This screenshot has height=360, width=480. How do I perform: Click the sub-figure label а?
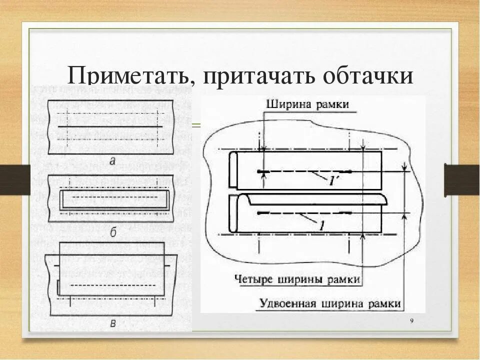tap(112, 160)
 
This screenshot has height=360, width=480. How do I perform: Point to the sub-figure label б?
tap(113, 231)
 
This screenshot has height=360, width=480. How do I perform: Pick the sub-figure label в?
tap(113, 323)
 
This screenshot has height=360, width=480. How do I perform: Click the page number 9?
tap(411, 321)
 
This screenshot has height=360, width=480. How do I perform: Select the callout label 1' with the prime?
tap(334, 181)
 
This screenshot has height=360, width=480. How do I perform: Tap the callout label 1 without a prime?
tap(321, 225)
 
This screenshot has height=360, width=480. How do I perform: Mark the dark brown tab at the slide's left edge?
tap(15, 179)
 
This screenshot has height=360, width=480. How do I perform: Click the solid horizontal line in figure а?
tap(111, 127)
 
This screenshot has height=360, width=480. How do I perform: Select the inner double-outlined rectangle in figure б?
tap(113, 199)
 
